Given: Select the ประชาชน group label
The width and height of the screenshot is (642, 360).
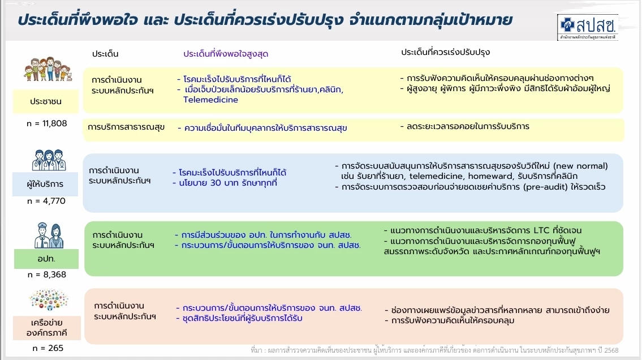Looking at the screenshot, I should point(46,102).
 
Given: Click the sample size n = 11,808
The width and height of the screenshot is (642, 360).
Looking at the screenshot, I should point(46,123).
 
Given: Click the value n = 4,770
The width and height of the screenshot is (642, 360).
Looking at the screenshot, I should point(46,201).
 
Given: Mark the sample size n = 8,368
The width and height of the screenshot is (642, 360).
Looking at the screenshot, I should point(46,275).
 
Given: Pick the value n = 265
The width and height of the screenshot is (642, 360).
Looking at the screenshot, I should point(46,348).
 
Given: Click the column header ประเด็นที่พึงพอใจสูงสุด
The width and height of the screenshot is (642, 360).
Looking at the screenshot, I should point(226,54).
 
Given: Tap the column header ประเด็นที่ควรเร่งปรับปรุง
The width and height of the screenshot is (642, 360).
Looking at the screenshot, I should point(445,52).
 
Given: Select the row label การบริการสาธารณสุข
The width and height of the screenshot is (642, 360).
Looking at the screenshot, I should point(126,127).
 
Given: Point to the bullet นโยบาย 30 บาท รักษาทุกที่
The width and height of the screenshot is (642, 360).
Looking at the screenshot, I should point(227,183).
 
